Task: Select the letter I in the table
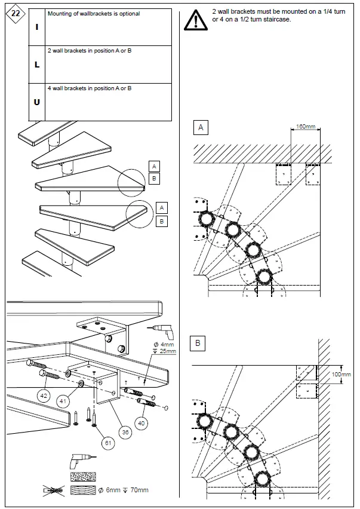coord(36,27)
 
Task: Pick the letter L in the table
coord(36,65)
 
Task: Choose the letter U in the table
coord(36,102)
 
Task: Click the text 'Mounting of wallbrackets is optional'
coord(94,14)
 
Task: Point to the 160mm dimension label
coord(306,127)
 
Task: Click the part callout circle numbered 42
coord(44,395)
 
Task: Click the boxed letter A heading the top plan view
coord(201,127)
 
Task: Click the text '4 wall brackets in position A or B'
coord(90,88)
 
